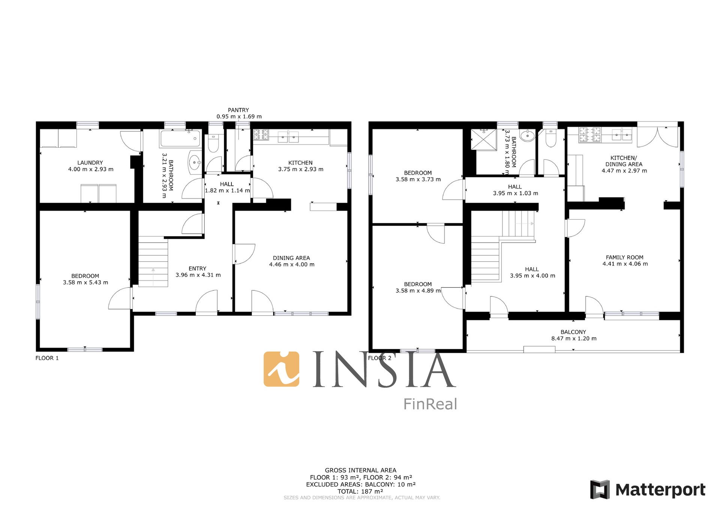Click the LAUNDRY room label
click(x=90, y=163)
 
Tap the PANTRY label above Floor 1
click(x=238, y=110)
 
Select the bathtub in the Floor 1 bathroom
click(x=180, y=139)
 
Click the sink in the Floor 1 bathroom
click(x=195, y=163)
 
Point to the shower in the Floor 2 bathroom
click(x=484, y=139)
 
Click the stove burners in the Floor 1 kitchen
click(x=261, y=134)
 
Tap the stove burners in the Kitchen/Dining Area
click(x=590, y=135)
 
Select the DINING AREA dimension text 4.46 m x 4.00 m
click(x=292, y=264)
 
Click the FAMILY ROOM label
click(x=625, y=257)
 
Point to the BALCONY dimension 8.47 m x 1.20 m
click(x=574, y=338)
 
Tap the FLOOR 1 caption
click(x=47, y=358)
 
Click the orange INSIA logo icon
click(x=282, y=369)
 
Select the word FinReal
click(x=430, y=404)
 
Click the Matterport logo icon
click(x=600, y=489)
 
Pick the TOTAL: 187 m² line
click(x=360, y=491)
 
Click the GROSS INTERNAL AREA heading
click(x=360, y=470)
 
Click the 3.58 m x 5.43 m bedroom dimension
click(x=85, y=282)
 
